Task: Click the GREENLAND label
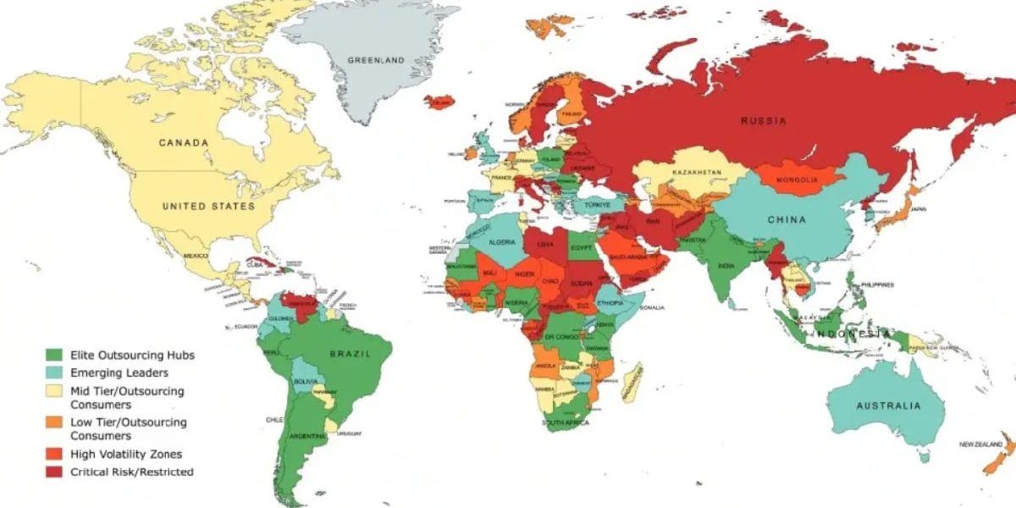pyautogui.click(x=377, y=60)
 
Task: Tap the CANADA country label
pyautogui.click(x=184, y=143)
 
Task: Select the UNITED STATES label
pyautogui.click(x=208, y=206)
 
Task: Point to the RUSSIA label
pyautogui.click(x=763, y=121)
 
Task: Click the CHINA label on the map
pyautogui.click(x=787, y=220)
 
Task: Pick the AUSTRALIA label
pyautogui.click(x=887, y=406)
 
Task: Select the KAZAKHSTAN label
pyautogui.click(x=697, y=173)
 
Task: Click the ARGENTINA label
pyautogui.click(x=308, y=435)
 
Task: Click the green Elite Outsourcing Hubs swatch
pyautogui.click(x=55, y=355)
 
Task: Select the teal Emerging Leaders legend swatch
pyautogui.click(x=55, y=373)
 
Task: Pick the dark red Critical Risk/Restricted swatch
pyautogui.click(x=55, y=471)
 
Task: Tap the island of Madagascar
pyautogui.click(x=632, y=383)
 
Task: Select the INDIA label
pyautogui.click(x=726, y=265)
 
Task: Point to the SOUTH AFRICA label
pyautogui.click(x=566, y=422)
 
